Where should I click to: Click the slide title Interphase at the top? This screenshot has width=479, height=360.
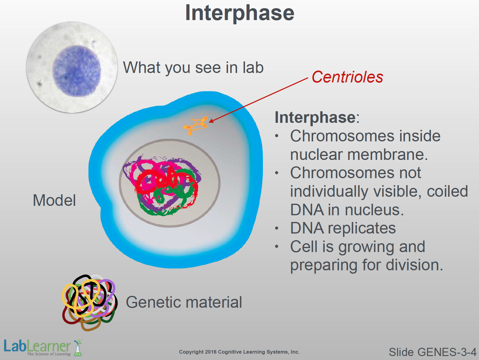[239, 13]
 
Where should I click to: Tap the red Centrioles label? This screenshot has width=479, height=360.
[347, 77]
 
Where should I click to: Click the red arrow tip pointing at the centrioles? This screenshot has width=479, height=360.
[210, 122]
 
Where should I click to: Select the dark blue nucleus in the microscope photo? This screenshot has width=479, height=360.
[77, 71]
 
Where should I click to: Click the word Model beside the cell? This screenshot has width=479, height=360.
[54, 200]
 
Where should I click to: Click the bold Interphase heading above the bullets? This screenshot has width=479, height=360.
[315, 117]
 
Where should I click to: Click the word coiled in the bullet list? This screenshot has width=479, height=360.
[447, 191]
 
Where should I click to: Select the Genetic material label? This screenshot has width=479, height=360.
[184, 302]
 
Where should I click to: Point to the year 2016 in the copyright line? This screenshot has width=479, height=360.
[211, 352]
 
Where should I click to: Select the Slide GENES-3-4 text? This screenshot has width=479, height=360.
[432, 352]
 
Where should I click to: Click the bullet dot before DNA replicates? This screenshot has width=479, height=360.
[277, 228]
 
